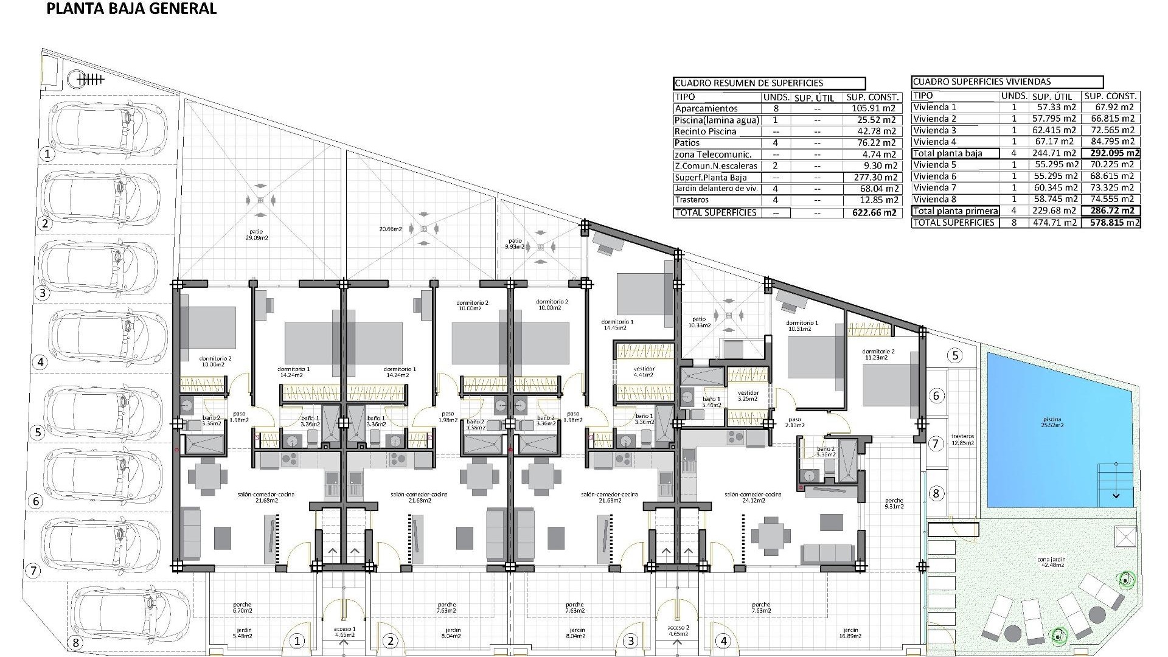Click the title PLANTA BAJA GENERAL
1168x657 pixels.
coord(131,9)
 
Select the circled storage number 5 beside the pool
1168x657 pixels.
coord(955,355)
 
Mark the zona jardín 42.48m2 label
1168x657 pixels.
coord(1051,561)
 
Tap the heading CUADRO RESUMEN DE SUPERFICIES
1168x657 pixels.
coord(748,83)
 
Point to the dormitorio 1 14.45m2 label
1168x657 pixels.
coord(617,325)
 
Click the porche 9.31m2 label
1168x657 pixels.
coord(894,503)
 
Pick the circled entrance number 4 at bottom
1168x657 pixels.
coord(724,641)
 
